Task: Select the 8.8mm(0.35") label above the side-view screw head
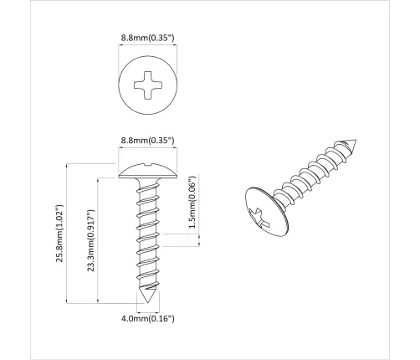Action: pyautogui.click(x=147, y=142)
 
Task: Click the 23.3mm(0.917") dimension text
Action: pyautogui.click(x=90, y=239)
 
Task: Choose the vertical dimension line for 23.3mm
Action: pyautogui.click(x=100, y=239)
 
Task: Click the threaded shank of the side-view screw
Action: pyautogui.click(x=147, y=234)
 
